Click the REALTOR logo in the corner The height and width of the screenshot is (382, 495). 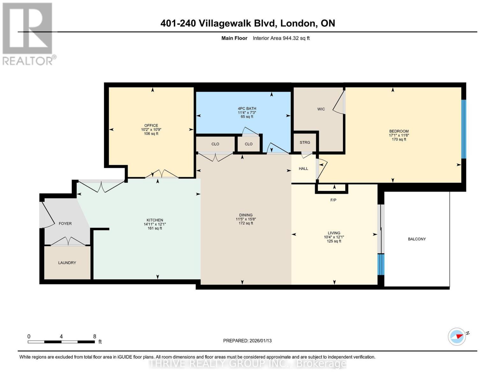coord(28,34)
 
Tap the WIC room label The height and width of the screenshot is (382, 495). coord(321,109)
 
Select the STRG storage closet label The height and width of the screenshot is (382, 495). coord(305,142)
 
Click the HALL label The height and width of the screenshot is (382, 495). coord(303,169)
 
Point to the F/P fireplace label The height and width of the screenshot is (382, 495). coord(333,200)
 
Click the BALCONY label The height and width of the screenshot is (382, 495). coord(417,239)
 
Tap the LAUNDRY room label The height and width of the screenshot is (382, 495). coord(67,263)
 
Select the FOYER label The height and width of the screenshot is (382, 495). coord(65,224)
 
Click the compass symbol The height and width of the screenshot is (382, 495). coord(457,337)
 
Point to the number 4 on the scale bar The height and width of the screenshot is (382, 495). coord(61,336)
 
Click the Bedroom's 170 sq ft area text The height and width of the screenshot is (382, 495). coord(399,139)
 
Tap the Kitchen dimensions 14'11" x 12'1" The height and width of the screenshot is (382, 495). coord(155,224)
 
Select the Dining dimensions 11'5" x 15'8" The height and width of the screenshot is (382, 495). coord(246,219)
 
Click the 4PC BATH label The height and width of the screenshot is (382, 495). coord(247,109)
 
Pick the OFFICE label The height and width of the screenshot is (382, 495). coord(151,126)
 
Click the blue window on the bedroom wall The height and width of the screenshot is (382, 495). coord(463,129)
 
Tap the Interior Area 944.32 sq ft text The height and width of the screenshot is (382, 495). coord(281,38)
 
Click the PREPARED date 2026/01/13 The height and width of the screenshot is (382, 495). coord(260,341)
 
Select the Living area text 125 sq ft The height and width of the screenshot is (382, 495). coord(334,241)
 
